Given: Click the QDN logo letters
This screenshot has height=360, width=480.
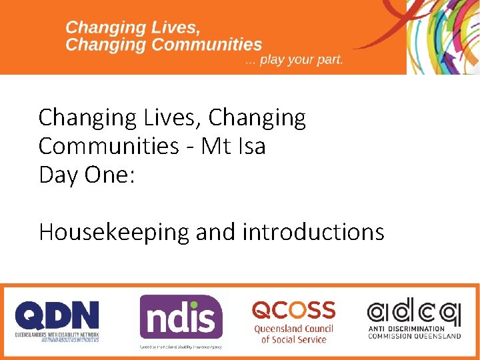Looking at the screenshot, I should (57, 315).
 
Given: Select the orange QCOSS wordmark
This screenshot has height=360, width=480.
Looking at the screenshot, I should (293, 310).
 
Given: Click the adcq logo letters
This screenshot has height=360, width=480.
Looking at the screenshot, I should (413, 311).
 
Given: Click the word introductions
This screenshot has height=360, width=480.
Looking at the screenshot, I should (313, 232).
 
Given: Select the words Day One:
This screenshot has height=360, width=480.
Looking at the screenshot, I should (87, 175).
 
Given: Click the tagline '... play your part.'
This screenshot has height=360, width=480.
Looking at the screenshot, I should (294, 60).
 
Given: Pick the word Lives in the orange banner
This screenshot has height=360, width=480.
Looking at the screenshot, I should (175, 28).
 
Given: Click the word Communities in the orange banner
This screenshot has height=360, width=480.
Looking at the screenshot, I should (207, 45).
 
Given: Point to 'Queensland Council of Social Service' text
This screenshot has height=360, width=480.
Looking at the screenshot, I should (293, 334).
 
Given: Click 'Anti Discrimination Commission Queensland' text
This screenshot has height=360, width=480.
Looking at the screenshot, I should (414, 332).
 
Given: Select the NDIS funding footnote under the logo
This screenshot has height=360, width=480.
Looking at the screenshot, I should (181, 347).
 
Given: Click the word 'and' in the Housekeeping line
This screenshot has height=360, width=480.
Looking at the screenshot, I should (216, 232).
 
